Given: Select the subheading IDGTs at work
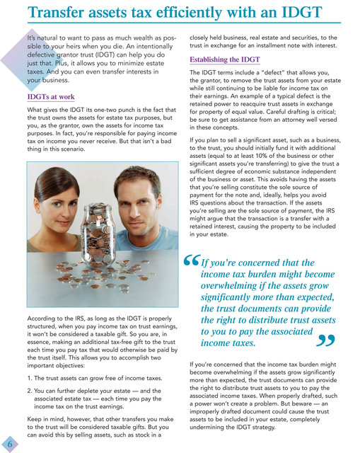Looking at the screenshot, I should point(52,96).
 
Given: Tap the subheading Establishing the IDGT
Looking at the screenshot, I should point(225,59).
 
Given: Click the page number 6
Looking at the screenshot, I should point(9,443).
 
